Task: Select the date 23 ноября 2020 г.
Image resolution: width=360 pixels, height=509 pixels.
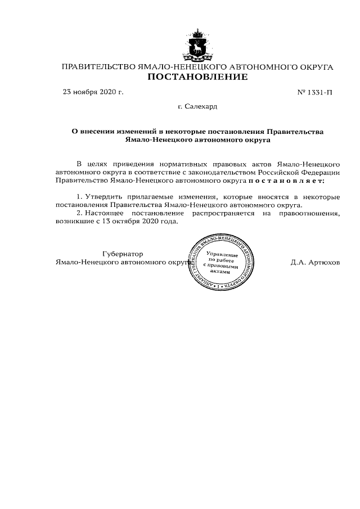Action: point(93,91)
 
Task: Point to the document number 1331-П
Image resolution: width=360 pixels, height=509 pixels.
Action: point(314,92)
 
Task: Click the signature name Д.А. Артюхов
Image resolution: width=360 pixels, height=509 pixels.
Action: point(315,262)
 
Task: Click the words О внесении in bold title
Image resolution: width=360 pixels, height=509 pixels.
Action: point(94,130)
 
